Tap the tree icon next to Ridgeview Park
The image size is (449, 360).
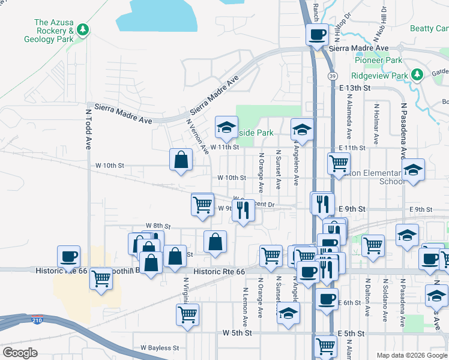pyautogui.click(x=418, y=76)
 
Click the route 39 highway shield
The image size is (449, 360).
pyautogui.click(x=331, y=76)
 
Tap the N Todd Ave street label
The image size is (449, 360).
pyautogui.click(x=88, y=128)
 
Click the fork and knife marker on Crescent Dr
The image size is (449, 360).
pyautogui.click(x=243, y=211)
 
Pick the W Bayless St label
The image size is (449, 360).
pyautogui.click(x=160, y=347)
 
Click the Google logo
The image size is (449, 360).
pyautogui.click(x=20, y=353)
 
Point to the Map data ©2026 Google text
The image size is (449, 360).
pyautogui.click(x=412, y=355)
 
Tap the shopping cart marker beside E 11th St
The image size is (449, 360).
pyautogui.click(x=339, y=163)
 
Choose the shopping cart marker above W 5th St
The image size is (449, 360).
pyautogui.click(x=187, y=314)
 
